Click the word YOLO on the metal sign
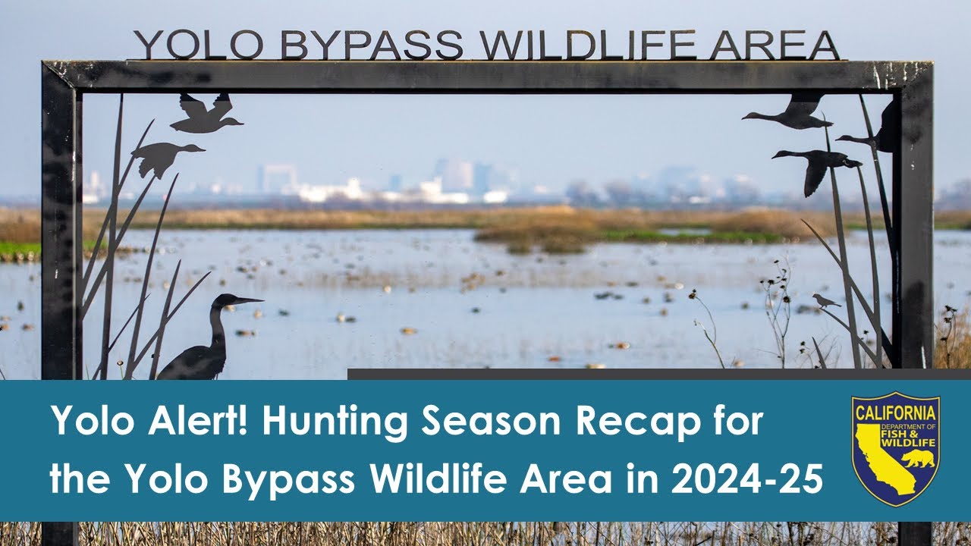(198, 45)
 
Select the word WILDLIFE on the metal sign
(588, 45)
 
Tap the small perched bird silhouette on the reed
(825, 301)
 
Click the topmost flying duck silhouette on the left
(205, 115)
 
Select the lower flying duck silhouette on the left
(164, 155)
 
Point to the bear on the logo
(918, 458)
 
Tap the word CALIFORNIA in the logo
(895, 413)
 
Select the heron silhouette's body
(194, 362)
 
